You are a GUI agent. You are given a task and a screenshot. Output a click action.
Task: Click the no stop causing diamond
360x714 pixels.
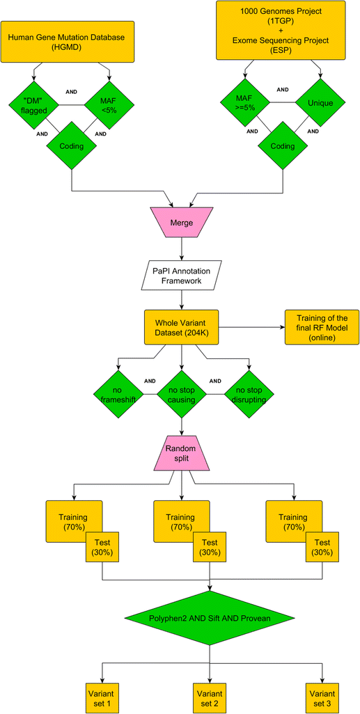pos(181,394)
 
